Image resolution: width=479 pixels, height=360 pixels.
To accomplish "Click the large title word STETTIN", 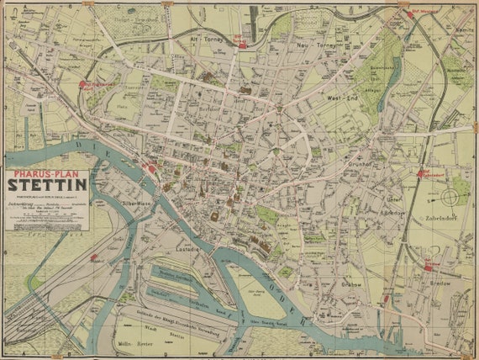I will tap(47, 183).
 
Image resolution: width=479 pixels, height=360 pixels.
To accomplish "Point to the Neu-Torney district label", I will tap(316, 43).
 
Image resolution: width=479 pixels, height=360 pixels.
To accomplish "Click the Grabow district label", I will tap(352, 284).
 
